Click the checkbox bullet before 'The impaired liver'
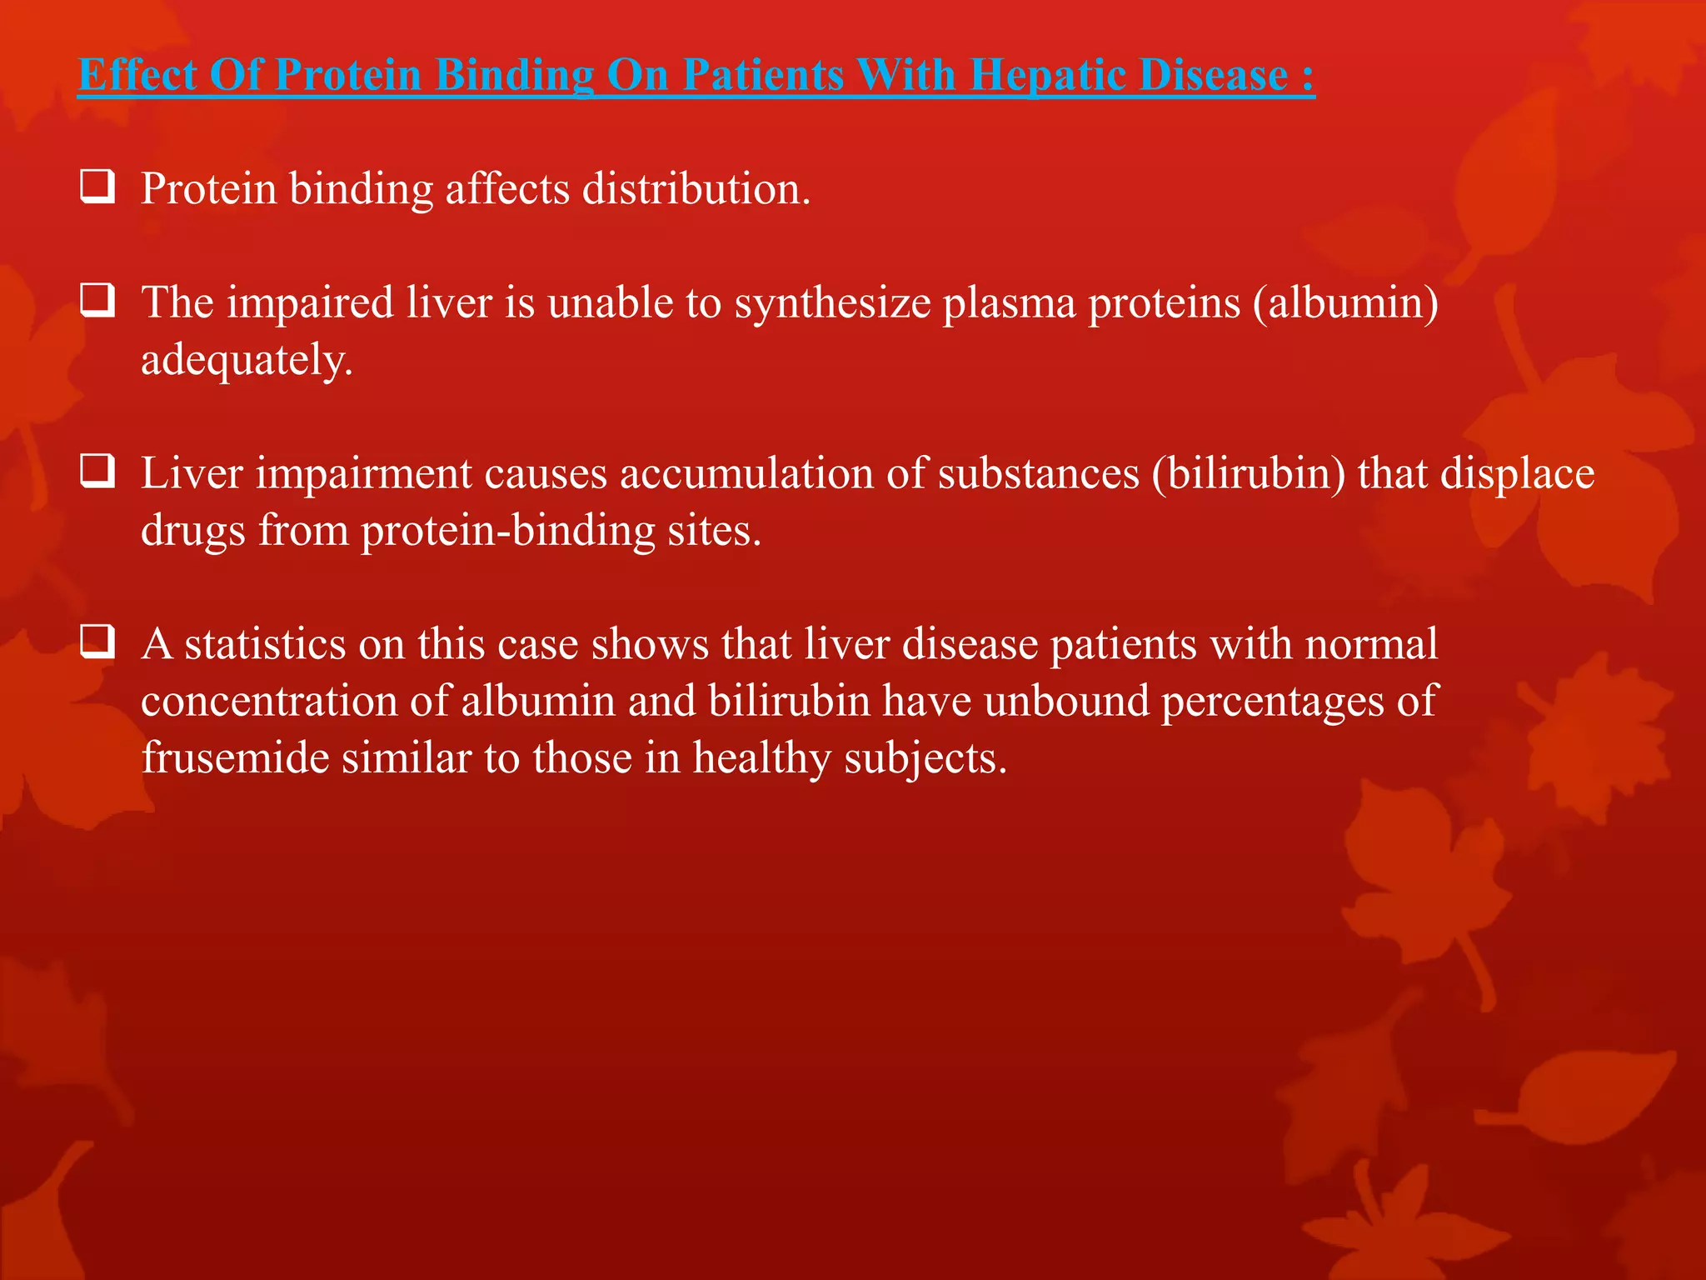tap(97, 301)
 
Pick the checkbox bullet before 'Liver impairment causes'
tap(97, 472)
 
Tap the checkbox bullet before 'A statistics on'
tap(97, 642)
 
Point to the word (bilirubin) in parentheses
tap(1248, 473)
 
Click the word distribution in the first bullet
tap(696, 188)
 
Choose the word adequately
tap(247, 360)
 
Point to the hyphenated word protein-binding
tap(507, 531)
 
